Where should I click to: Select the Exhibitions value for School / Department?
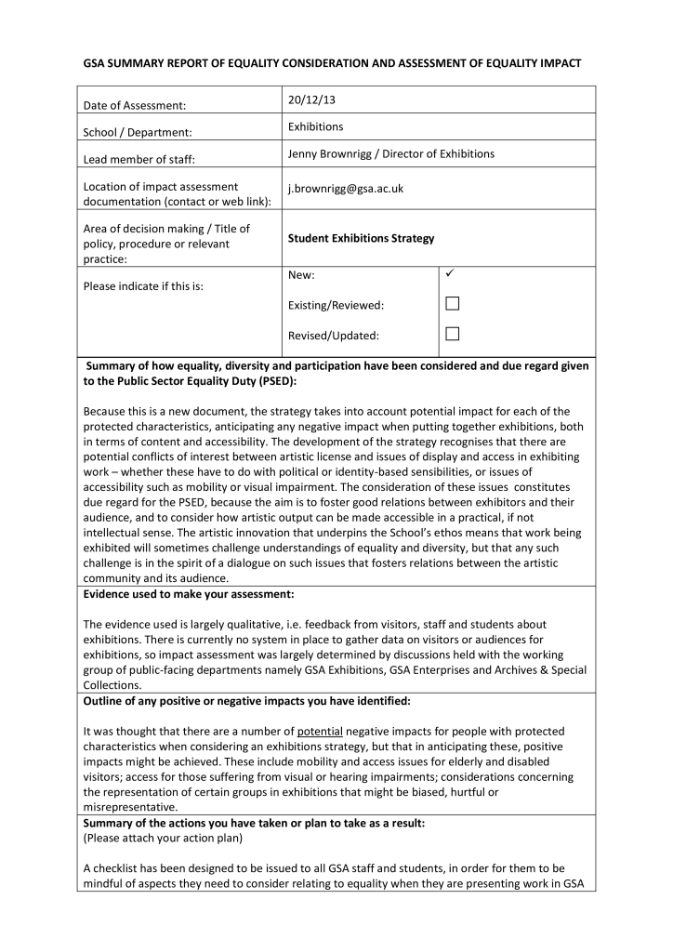click(x=315, y=126)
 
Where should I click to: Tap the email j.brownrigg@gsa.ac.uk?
click(x=345, y=188)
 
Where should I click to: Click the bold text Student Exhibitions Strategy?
click(x=361, y=238)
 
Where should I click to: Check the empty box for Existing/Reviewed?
click(x=453, y=304)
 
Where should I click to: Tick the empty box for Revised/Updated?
click(x=453, y=334)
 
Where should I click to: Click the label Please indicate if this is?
click(x=142, y=285)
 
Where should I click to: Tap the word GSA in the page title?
click(x=96, y=63)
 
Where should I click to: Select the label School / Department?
click(x=138, y=133)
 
